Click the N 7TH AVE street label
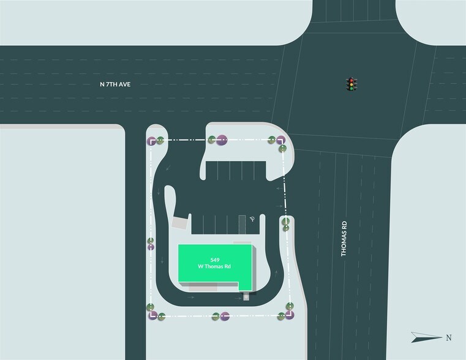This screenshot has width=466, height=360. tap(115, 84)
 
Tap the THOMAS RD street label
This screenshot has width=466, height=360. tap(344, 239)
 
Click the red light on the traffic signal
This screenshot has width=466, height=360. tap(351, 80)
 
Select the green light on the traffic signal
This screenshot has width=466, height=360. tap(351, 88)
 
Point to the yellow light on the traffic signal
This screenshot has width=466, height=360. tap(351, 84)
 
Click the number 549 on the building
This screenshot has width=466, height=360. tap(214, 260)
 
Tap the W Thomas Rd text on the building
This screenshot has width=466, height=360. tap(214, 266)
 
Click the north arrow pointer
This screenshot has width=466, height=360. tap(426, 337)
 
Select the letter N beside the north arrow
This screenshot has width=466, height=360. tap(449, 338)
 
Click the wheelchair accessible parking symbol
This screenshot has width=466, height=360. tap(252, 219)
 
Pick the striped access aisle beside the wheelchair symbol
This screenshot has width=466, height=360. tap(242, 225)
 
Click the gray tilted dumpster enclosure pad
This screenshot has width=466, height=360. tap(180, 222)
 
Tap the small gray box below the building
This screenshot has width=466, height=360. tap(246, 297)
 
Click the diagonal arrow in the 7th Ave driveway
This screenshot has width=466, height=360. tap(168, 168)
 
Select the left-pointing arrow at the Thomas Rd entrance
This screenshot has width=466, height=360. tap(279, 189)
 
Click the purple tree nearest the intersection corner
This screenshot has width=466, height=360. tap(280, 140)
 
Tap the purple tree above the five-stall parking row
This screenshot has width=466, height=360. tap(222, 140)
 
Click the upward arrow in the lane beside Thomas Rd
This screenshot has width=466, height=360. tap(276, 274)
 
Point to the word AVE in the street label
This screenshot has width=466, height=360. tap(124, 84)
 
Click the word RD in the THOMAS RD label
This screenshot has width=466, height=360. tap(344, 225)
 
